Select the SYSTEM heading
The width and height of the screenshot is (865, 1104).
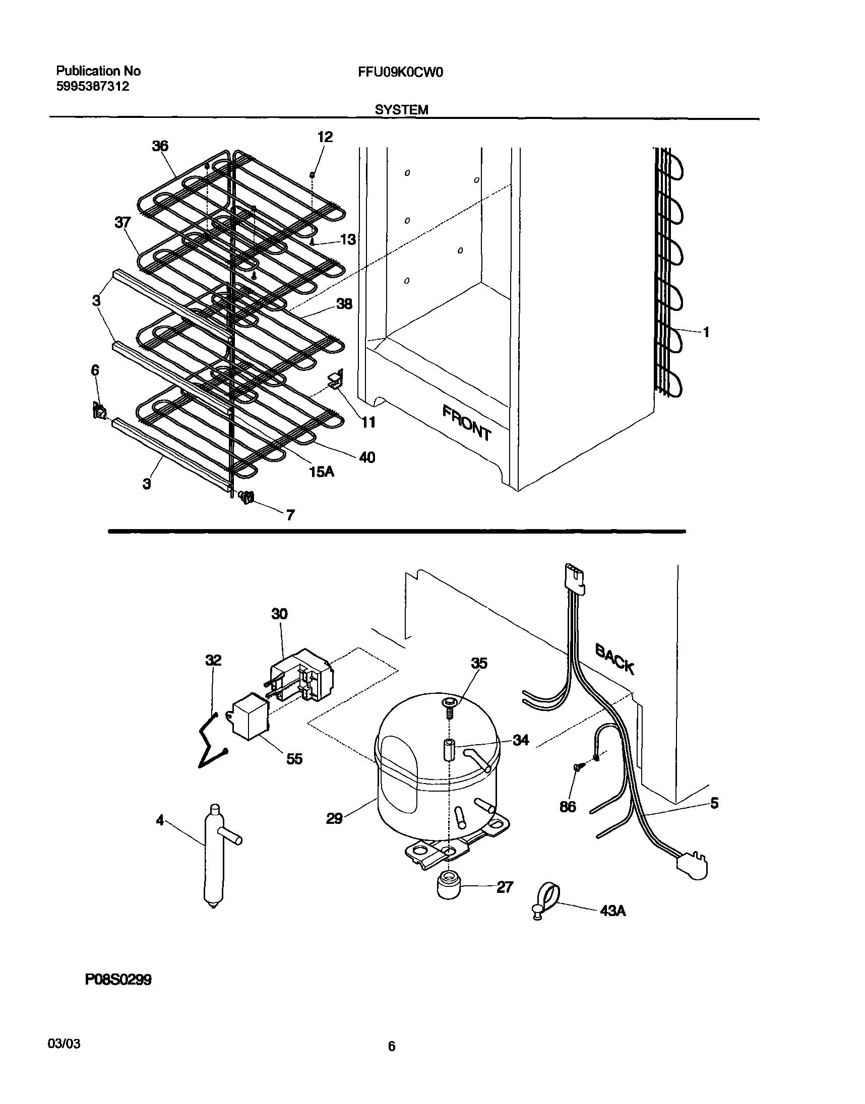click(x=401, y=109)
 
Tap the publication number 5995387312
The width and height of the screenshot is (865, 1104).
click(x=92, y=86)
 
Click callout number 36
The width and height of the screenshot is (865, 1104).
click(x=160, y=146)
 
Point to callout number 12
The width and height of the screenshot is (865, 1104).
click(x=325, y=137)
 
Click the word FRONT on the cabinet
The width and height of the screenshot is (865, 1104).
click(x=466, y=423)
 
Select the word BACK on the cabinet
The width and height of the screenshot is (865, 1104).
click(x=614, y=658)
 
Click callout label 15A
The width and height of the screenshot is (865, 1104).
click(x=322, y=472)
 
